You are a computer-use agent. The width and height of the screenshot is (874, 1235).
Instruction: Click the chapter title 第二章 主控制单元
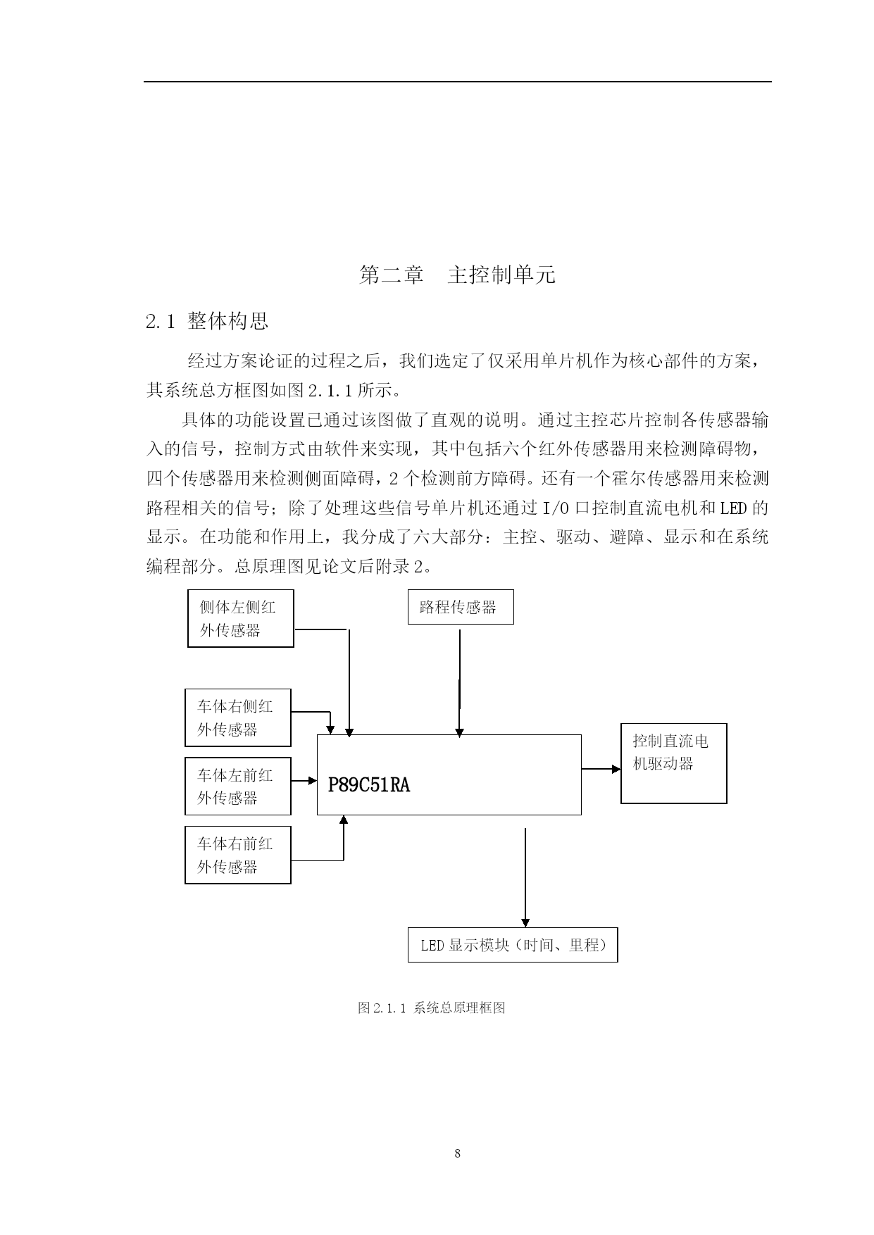pos(457,275)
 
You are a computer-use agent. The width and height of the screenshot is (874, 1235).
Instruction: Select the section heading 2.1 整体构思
pos(207,322)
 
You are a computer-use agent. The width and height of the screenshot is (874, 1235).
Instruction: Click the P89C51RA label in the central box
pos(369,784)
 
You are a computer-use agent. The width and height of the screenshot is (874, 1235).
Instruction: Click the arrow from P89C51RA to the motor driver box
pos(601,769)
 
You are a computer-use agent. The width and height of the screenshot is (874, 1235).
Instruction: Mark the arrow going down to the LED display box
pos(525,877)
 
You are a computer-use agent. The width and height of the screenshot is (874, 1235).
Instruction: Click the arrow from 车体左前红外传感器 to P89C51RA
pos(304,780)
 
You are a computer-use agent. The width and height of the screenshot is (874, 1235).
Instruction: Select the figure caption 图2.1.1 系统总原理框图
pos(432,1008)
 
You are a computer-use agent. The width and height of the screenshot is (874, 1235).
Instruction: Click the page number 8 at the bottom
pos(458,1153)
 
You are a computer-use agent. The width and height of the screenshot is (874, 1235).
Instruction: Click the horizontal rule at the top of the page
pos(458,82)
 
